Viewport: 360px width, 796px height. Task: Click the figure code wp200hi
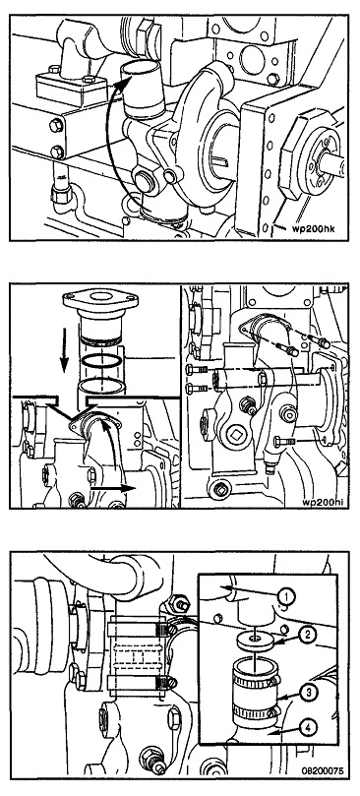325,503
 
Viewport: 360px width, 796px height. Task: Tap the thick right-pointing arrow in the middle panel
113,489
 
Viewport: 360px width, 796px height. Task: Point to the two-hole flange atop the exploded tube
99,299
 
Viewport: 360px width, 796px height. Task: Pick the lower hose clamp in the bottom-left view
138,684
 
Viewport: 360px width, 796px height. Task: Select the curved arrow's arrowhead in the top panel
118,86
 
